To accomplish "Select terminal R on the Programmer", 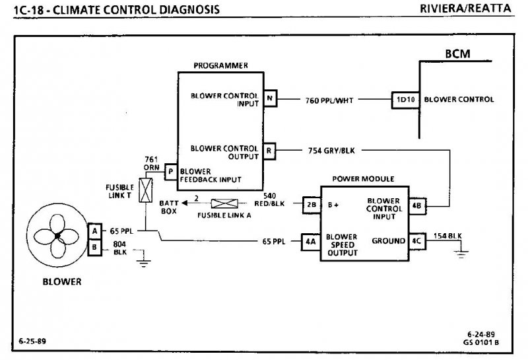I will coord(269,150).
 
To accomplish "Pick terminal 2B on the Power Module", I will coord(311,204).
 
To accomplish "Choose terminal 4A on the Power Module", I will coord(311,241).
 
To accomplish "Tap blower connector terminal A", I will coord(95,231).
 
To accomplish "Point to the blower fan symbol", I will coord(57,236).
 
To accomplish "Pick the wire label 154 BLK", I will coord(447,236).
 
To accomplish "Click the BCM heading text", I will coord(457,54).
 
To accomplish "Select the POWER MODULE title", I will coord(362,178).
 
